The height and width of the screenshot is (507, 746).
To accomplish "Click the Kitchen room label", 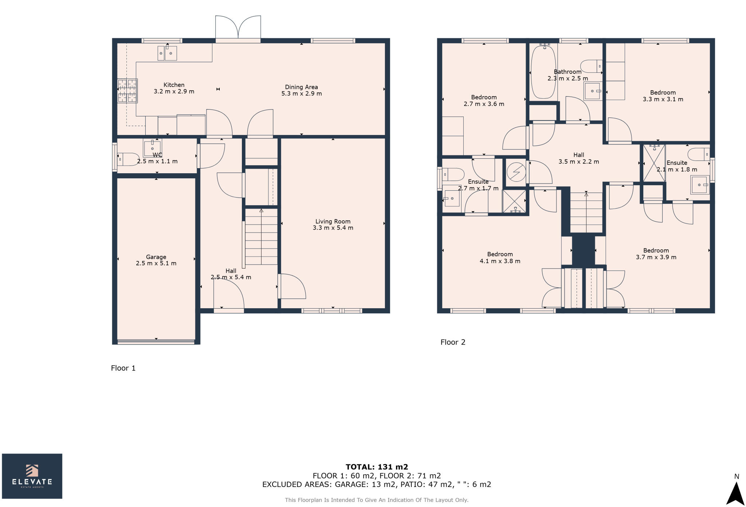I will pos(174,85).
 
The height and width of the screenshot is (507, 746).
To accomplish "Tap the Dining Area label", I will pos(301,87).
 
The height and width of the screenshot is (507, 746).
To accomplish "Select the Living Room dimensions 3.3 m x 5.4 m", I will pos(333,228).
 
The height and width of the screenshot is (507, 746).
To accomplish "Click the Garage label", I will pos(156,257).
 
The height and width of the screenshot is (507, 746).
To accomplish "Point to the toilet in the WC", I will pos(127,159).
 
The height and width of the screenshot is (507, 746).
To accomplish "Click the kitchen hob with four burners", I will pos(127,91).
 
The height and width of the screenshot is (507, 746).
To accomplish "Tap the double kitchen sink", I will pos(167,53).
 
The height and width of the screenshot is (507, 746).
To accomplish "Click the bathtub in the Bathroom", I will pos(543,71).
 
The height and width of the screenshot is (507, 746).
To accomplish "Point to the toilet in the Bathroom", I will pos(591,66).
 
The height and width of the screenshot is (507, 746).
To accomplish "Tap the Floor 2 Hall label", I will pos(578,155).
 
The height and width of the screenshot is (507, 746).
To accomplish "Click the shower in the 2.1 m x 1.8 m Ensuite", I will pos(654,163).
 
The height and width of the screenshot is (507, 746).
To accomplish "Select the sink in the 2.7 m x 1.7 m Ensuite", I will pos(452,198).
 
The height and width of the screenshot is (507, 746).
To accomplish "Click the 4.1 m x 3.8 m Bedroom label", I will pos(500,254).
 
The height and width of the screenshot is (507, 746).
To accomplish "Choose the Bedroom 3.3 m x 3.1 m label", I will pos(663,93).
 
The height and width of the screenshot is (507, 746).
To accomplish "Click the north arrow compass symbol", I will pos(736,493).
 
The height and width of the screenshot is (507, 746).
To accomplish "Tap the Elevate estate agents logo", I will pos(32,476).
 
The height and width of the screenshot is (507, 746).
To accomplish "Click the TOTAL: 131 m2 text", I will pos(377,467).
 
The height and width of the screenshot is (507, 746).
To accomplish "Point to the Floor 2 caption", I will pos(453,342).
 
